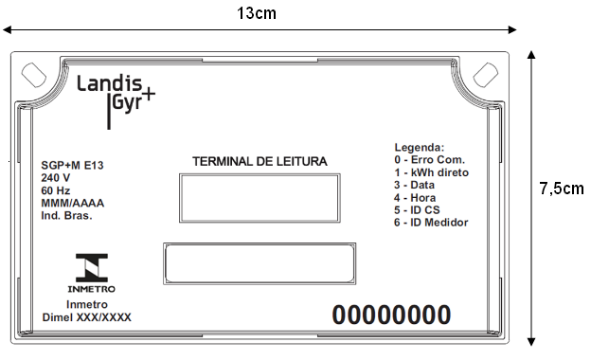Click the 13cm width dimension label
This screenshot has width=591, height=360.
tap(257, 13)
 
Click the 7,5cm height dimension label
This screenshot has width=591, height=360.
tap(562, 189)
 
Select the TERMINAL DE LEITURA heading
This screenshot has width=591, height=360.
tap(260, 161)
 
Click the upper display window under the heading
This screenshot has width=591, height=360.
tap(260, 198)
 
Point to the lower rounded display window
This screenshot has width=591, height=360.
tap(260, 264)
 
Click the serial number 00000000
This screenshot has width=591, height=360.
tap(391, 315)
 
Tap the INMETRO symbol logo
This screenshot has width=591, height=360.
tap(92, 273)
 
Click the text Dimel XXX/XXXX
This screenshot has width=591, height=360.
tap(87, 317)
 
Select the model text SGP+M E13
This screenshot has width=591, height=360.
tap(72, 165)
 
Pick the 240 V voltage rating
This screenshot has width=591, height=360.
tap(55, 177)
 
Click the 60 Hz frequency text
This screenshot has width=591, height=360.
tap(55, 190)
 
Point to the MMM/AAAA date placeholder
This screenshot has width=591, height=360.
tap(72, 203)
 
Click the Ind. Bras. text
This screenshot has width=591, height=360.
tap(66, 216)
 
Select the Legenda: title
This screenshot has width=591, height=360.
tap(420, 147)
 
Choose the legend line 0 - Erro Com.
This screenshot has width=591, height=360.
tap(429, 160)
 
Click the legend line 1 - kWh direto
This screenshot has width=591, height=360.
tap(431, 172)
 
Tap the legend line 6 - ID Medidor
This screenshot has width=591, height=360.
tap(431, 223)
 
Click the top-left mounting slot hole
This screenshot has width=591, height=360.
tap(34, 75)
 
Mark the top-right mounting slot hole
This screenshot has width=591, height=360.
tap(486, 75)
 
